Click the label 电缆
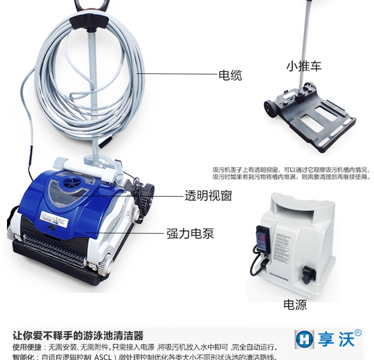(230, 75)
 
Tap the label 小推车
(303, 66)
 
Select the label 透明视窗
(208, 196)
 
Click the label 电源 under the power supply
(295, 305)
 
